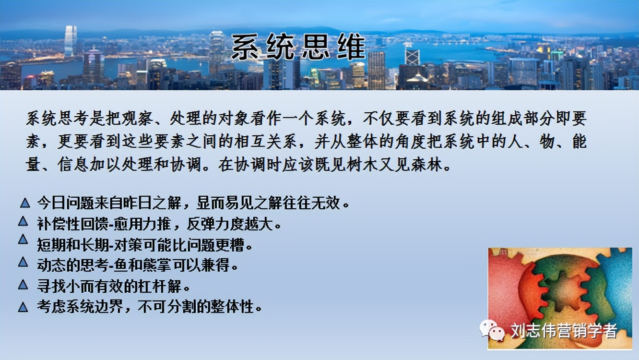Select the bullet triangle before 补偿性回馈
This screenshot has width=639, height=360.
[23, 221]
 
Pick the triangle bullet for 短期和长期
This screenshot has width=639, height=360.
[23, 239]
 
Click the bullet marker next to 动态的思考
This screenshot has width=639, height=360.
[23, 262]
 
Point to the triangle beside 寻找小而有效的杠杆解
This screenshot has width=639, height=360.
[23, 285]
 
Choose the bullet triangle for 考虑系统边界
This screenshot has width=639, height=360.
[23, 307]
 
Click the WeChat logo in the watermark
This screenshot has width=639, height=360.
[492, 330]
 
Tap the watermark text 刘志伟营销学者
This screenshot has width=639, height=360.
[563, 330]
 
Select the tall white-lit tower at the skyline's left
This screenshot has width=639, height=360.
[70, 41]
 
